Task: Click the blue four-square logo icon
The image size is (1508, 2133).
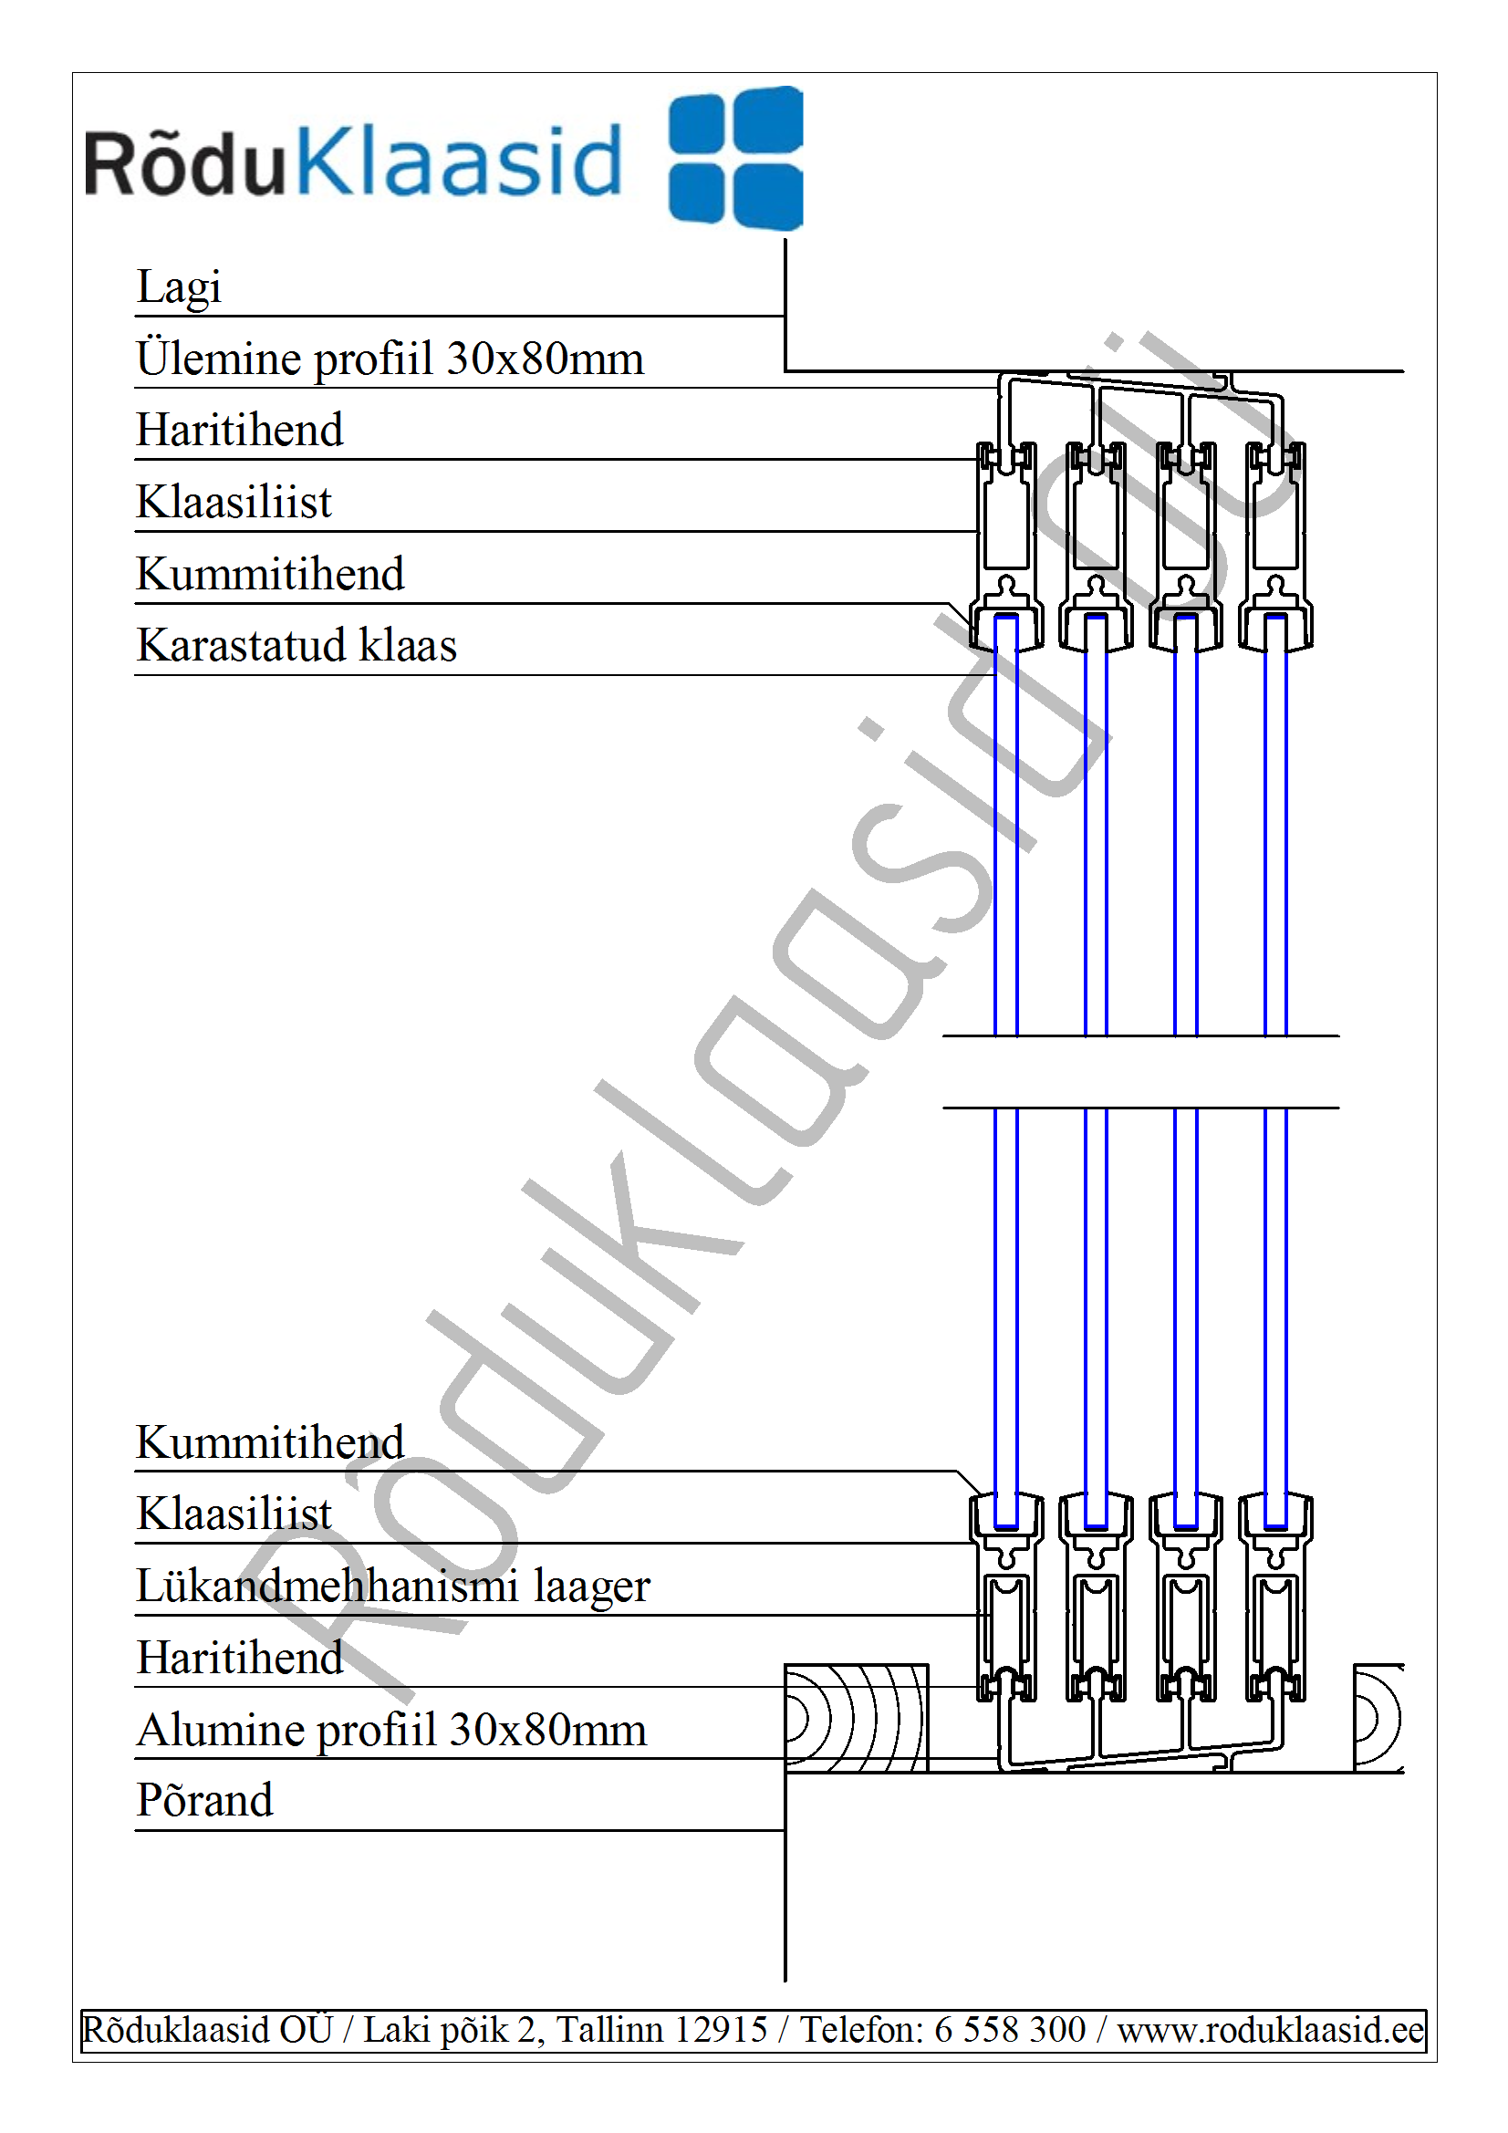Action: tap(736, 158)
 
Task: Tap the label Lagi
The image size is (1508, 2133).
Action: tap(179, 287)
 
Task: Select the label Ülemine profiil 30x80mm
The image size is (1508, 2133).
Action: tap(390, 359)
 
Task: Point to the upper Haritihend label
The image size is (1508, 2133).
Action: tap(240, 429)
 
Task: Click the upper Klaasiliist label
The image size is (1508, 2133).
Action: tap(234, 502)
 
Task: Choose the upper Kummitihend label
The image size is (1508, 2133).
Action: tap(270, 573)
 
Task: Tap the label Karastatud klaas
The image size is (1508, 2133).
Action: tap(296, 645)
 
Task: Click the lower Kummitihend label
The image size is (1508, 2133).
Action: tap(270, 1441)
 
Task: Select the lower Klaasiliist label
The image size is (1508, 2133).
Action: tap(234, 1514)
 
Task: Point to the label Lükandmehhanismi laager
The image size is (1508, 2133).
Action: tap(393, 1586)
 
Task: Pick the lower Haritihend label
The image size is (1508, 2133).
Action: tap(240, 1658)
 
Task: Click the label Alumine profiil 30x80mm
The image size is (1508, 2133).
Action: tap(391, 1730)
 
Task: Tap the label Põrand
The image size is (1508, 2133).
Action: tap(204, 1800)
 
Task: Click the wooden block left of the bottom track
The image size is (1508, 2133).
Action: tap(857, 1718)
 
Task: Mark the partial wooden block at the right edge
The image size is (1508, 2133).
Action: tap(1378, 1718)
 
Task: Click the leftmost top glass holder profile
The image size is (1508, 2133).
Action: tap(1006, 548)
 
